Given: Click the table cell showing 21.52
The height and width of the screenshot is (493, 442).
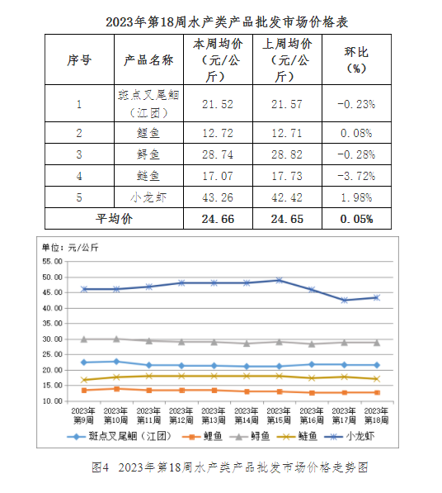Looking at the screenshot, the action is click(x=218, y=104).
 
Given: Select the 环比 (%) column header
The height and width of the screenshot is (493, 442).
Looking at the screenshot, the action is click(x=356, y=59).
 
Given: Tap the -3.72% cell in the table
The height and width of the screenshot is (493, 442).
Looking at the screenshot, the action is click(x=356, y=176).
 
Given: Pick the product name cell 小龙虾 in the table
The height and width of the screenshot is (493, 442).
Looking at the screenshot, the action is click(x=148, y=197).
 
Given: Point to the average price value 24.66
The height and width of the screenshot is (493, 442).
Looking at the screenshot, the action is click(x=218, y=219).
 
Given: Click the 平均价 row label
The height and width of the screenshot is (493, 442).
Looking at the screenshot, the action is click(x=114, y=219).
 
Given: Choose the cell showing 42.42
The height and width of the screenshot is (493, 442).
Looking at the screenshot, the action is click(x=287, y=197).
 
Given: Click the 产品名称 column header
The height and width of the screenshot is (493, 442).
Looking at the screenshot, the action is click(x=148, y=59).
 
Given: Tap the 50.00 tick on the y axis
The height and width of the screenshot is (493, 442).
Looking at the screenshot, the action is click(x=53, y=277).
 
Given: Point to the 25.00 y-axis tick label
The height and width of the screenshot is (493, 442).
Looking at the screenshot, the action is click(x=53, y=354).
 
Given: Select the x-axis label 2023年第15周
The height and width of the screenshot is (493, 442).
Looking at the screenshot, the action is click(x=279, y=415).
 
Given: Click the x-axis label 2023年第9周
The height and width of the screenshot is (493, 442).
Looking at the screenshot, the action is click(x=83, y=415).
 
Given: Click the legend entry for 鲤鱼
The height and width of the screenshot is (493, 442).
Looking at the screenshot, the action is click(x=202, y=436).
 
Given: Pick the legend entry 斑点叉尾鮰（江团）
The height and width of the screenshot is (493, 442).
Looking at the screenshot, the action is click(x=120, y=436).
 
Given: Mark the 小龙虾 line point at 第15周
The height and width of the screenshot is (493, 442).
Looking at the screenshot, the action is click(x=279, y=280).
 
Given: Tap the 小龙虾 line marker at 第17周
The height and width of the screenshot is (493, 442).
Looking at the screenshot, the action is click(x=344, y=301).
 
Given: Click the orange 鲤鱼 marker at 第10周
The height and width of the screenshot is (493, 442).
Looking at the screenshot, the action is click(x=116, y=389).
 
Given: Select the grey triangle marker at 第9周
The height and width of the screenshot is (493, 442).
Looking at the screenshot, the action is click(x=84, y=339).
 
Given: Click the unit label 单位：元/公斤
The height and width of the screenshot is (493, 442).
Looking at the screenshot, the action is click(x=70, y=248).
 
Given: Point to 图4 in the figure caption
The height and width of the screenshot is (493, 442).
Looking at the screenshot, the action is click(x=100, y=467).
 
